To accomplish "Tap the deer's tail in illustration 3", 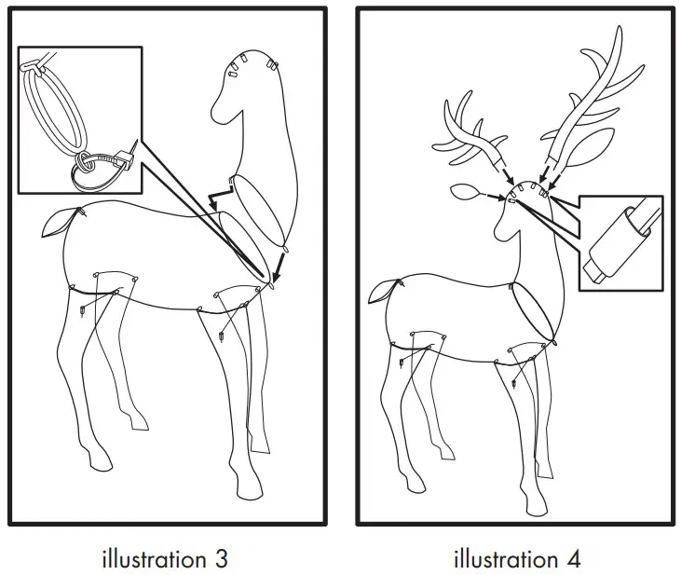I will coord(56,223).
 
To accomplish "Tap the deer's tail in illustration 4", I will coord(382,292).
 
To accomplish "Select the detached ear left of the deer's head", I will coord(463,194).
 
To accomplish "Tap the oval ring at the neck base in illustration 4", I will coord(535,313).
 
